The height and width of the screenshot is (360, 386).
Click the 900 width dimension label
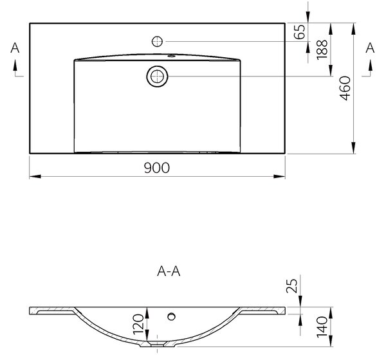pos(157,168)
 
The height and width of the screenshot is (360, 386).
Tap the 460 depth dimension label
pos(345,88)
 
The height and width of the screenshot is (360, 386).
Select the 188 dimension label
pos(322,50)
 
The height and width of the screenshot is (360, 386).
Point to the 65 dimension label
pos(300,32)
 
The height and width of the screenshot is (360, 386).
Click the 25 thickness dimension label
pos(292,286)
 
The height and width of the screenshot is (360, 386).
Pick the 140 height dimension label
pos(322,327)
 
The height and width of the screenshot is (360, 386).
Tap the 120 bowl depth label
pos(138,324)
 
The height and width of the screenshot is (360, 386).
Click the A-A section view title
pos(169,271)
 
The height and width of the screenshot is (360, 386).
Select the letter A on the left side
pos(15,48)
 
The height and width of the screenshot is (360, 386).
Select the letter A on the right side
pos(370,48)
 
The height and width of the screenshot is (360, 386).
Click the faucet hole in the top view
pos(157,42)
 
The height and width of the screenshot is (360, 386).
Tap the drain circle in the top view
pos(157,76)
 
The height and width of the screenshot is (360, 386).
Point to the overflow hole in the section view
pos(171,316)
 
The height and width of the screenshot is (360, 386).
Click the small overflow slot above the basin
pos(171,56)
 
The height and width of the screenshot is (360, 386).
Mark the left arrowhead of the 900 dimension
pos(35,176)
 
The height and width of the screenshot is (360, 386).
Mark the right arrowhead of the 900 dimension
pos(279,176)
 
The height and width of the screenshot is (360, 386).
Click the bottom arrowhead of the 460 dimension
pos(353,148)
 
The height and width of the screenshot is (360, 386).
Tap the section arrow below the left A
pos(15,66)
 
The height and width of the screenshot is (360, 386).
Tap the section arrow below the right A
pos(370,66)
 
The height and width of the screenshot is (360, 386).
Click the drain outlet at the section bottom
pos(157,345)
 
